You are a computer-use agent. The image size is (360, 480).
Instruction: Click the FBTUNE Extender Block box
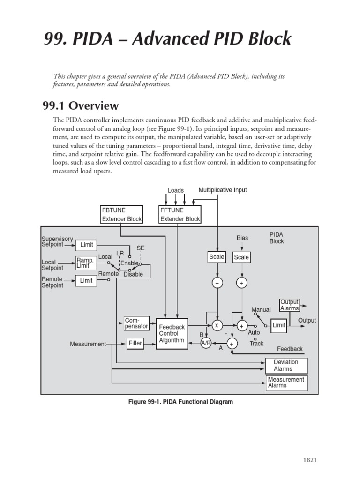click(122, 214)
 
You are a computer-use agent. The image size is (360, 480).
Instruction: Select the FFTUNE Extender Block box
click(180, 214)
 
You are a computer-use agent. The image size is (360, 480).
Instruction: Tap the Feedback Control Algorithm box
click(172, 334)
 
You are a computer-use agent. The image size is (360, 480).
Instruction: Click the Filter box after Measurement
click(135, 343)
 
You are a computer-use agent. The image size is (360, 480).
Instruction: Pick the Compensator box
click(136, 323)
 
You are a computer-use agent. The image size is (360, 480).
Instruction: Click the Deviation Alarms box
click(286, 366)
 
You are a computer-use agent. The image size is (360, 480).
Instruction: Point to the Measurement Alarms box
click(286, 382)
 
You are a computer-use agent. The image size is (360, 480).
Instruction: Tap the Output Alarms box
click(289, 305)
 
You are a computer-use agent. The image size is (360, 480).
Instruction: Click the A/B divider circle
click(206, 343)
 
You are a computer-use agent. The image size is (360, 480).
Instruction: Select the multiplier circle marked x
click(217, 325)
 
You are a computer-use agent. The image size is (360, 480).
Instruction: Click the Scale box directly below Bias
click(241, 257)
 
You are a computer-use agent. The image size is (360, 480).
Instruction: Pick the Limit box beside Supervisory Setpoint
click(87, 245)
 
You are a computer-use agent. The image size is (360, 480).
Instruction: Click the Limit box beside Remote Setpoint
click(87, 280)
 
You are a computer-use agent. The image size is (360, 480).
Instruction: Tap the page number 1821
click(310, 460)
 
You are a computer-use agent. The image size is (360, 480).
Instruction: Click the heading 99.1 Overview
click(81, 105)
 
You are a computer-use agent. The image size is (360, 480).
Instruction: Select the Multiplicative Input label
click(222, 190)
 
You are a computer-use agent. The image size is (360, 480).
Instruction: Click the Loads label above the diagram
click(176, 190)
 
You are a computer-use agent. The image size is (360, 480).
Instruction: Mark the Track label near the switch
click(256, 343)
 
